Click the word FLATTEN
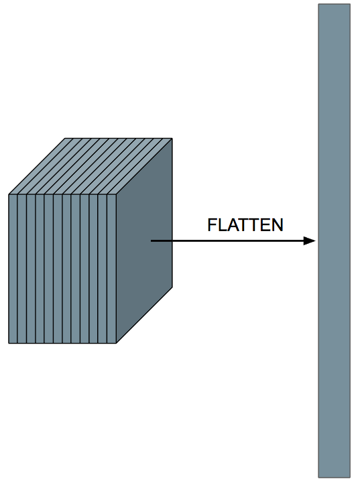(245, 225)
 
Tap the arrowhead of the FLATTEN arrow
(309, 240)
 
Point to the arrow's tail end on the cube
(151, 240)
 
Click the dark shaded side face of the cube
(144, 240)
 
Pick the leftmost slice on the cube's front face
(13, 269)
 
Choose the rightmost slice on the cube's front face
(112, 269)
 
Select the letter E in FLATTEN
(263, 225)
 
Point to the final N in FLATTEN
(277, 225)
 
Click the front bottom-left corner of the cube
(9, 344)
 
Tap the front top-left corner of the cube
(9, 194)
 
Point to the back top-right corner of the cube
(172, 138)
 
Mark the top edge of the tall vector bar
(334, 4)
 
